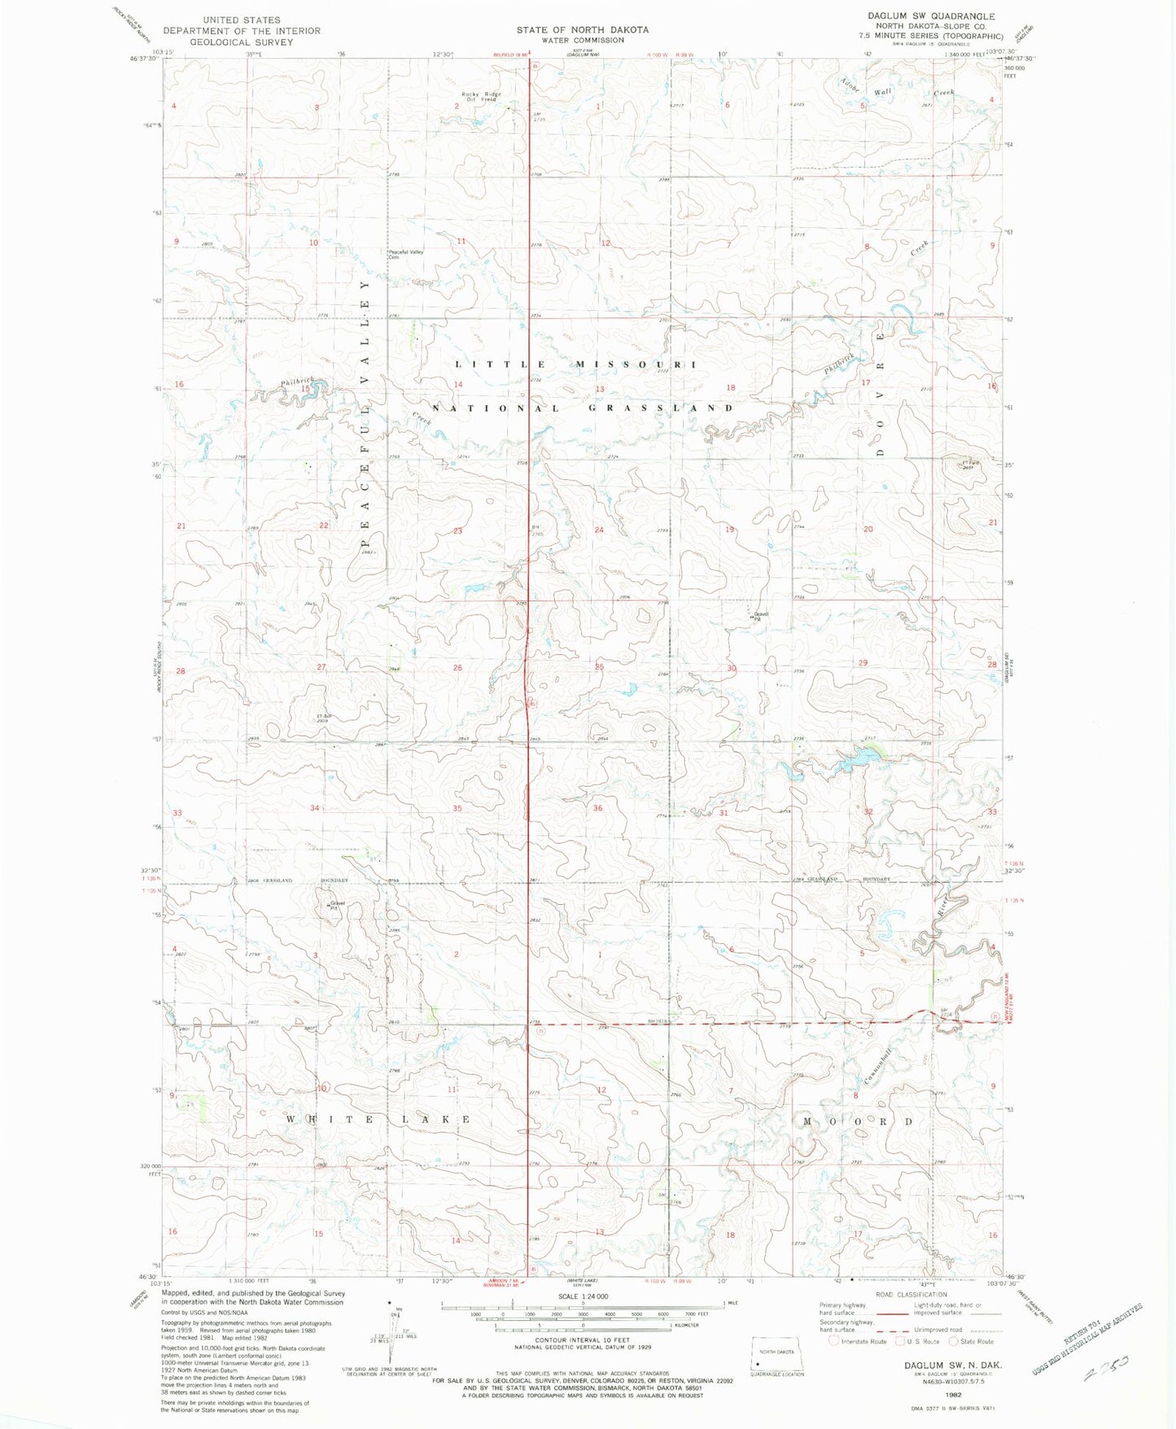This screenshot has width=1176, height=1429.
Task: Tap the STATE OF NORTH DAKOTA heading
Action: click(x=582, y=30)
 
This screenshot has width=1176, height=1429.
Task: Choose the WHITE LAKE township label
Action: click(x=378, y=1120)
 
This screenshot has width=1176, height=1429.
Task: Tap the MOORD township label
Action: click(x=859, y=1121)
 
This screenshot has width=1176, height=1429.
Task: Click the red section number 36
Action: click(x=598, y=808)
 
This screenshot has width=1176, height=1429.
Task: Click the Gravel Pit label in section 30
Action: click(x=760, y=617)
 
